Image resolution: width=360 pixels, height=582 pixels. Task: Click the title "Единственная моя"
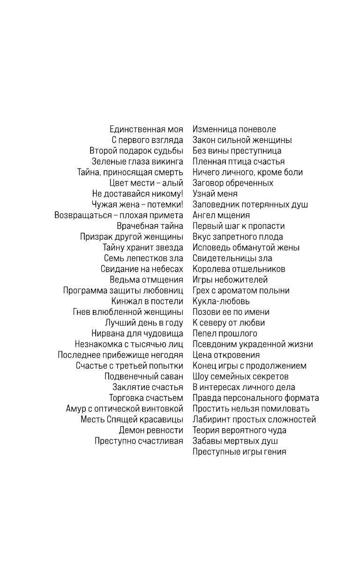click(146, 129)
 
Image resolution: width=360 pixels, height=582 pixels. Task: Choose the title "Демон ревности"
click(151, 431)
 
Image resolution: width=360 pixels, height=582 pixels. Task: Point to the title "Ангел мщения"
click(221, 216)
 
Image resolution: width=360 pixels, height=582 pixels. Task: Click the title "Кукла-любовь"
click(221, 302)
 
